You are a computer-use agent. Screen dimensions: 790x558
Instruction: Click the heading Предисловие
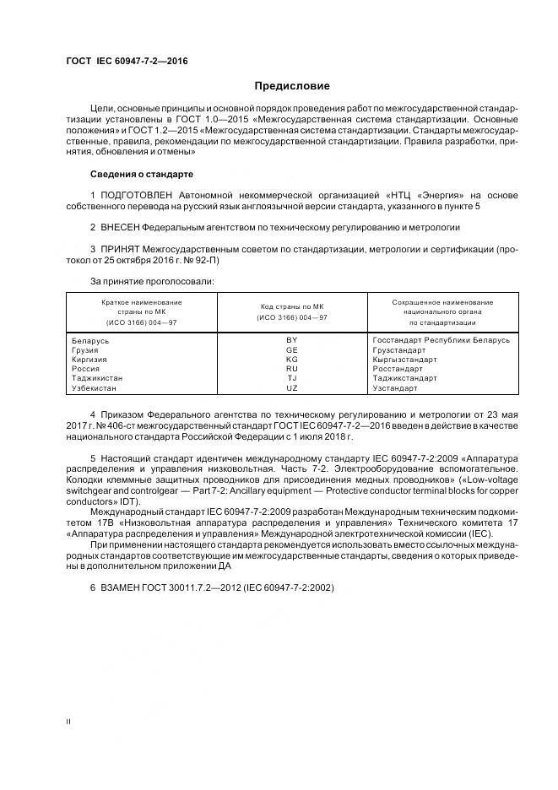point(292,86)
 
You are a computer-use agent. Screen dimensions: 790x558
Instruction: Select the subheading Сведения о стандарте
point(141,174)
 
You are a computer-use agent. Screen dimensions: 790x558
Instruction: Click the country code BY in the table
point(292,340)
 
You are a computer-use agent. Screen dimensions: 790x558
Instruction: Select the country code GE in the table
point(292,349)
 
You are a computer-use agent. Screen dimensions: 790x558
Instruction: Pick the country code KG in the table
point(292,359)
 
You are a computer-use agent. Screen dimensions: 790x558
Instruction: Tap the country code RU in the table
point(292,369)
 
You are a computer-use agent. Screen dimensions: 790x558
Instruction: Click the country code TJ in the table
point(292,378)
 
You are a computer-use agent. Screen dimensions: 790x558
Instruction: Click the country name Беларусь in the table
point(92,340)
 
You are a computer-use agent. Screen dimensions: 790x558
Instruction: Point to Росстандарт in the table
point(397,369)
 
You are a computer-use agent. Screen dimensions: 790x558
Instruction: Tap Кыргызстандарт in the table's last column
point(404,359)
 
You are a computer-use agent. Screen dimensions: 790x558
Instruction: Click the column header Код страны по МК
point(292,307)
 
